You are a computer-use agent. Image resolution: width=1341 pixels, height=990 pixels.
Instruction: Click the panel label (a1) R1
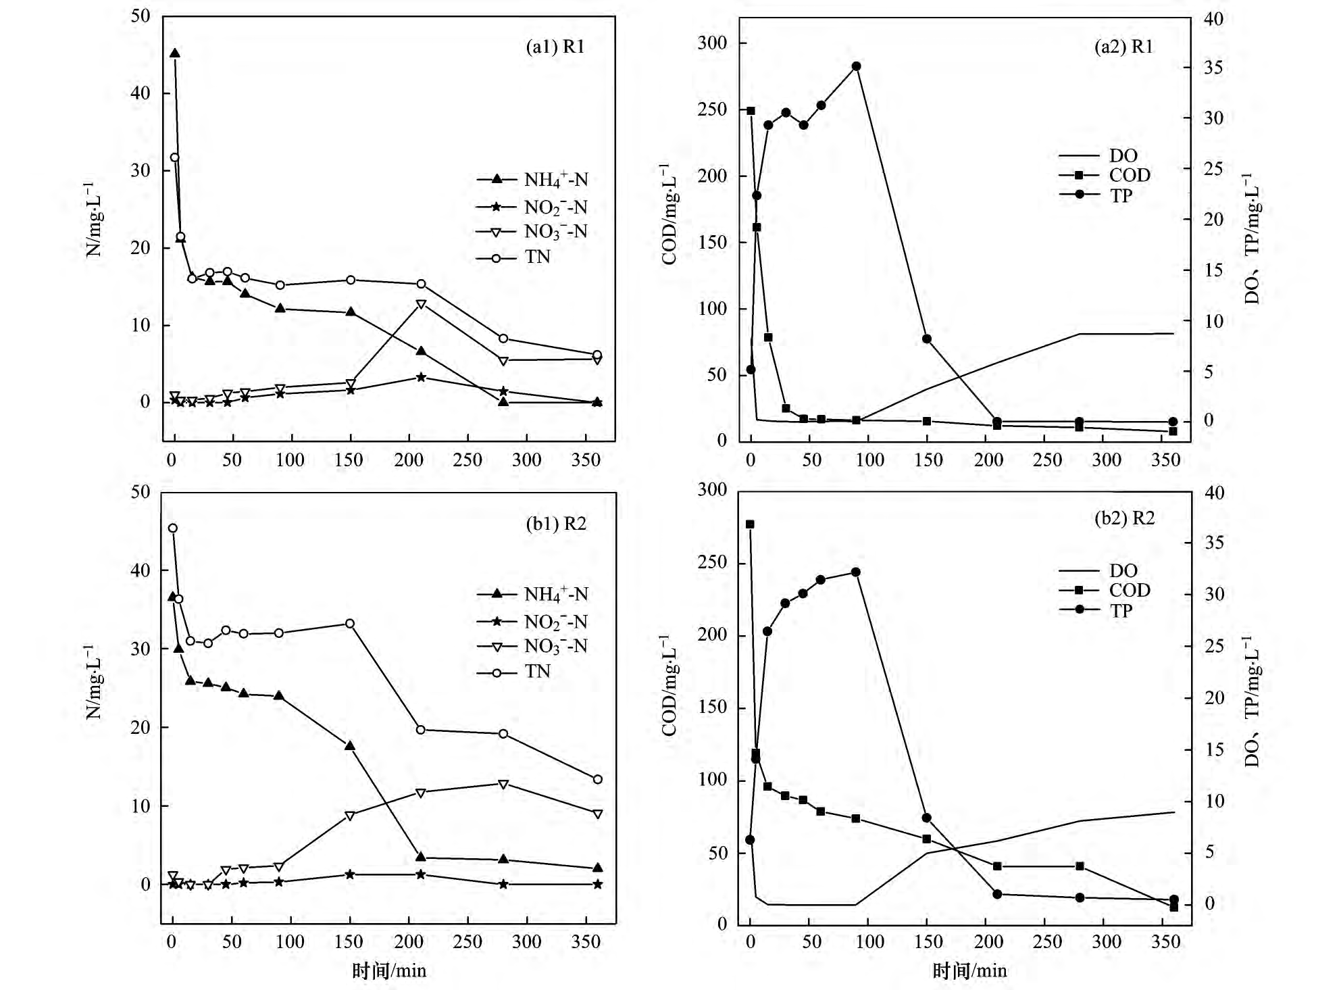click(555, 47)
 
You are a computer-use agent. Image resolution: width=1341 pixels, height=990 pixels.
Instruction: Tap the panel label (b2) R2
click(1124, 518)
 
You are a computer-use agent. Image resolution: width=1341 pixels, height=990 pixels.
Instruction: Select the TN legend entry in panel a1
click(537, 257)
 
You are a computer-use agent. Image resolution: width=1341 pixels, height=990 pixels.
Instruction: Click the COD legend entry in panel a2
click(1129, 176)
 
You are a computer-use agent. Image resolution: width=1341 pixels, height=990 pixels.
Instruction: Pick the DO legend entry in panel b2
click(1123, 571)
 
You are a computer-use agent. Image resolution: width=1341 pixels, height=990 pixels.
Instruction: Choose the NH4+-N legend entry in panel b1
click(555, 594)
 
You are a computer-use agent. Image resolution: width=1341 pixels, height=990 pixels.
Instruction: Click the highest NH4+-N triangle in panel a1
click(174, 53)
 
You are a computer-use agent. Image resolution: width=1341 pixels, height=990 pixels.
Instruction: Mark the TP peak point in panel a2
click(856, 66)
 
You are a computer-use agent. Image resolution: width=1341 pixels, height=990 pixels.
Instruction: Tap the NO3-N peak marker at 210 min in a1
click(421, 304)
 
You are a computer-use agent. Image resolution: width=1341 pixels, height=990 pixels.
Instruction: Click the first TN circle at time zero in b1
click(173, 528)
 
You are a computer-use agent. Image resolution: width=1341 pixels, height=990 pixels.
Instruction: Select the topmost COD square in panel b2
click(750, 524)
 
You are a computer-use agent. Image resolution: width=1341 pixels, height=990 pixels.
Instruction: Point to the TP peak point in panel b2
click(855, 572)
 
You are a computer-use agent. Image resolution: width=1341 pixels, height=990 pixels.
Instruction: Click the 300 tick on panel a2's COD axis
click(712, 43)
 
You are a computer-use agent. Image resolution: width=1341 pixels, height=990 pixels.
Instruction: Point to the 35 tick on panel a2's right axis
click(1213, 68)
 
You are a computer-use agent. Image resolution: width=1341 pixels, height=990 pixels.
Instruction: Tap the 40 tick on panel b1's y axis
click(141, 570)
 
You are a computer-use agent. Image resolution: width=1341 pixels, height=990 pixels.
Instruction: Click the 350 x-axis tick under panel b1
click(585, 942)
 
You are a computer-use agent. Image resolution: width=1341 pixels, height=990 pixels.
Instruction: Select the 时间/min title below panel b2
click(969, 971)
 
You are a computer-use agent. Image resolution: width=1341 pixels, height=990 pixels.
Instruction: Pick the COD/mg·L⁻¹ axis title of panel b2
click(669, 685)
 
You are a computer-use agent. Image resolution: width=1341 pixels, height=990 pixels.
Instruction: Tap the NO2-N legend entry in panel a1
click(555, 207)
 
